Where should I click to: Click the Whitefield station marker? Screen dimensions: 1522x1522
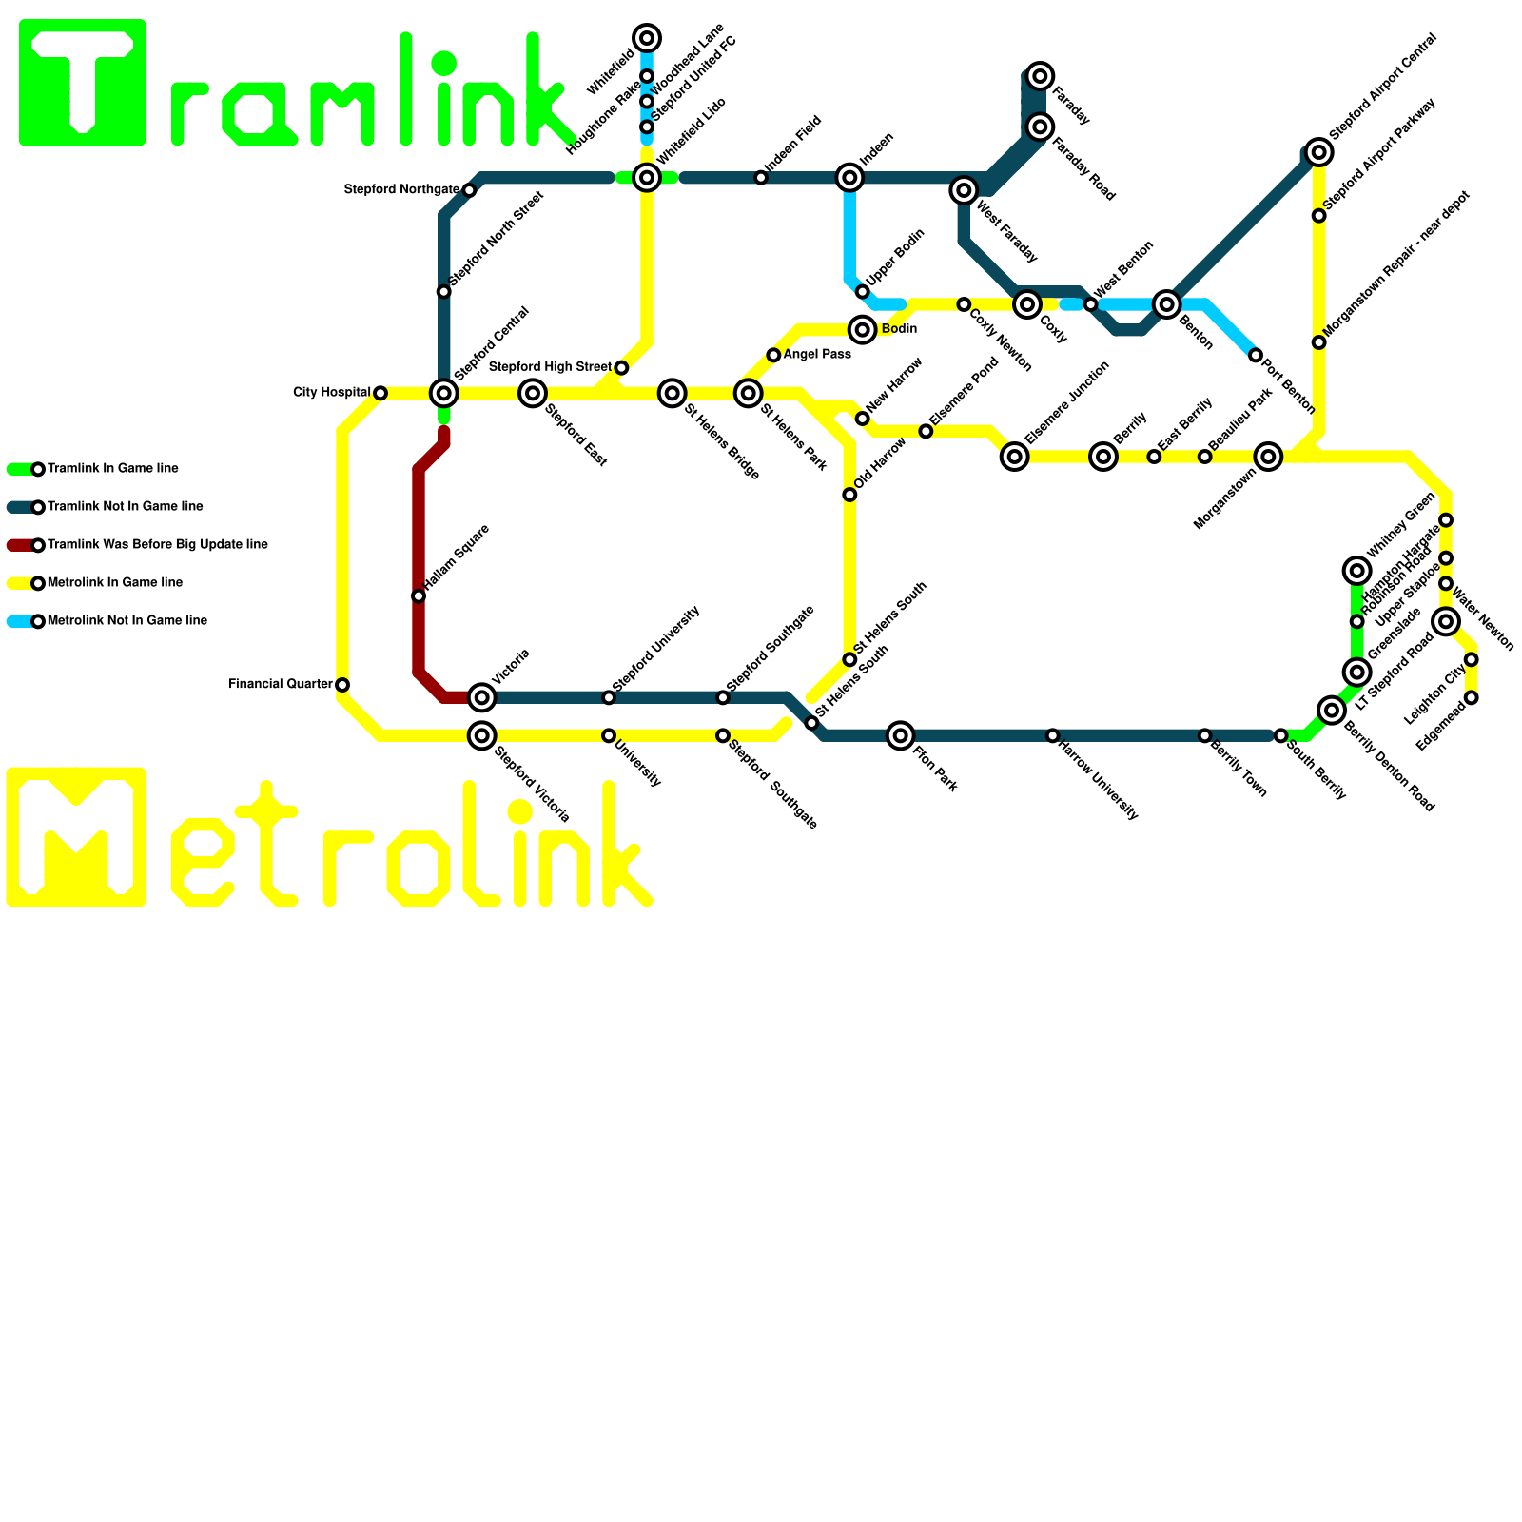tap(647, 38)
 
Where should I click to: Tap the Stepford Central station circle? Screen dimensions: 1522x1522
tap(444, 393)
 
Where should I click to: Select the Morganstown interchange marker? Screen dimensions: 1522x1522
tap(1268, 457)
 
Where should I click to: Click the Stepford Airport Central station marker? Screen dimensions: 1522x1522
tap(1318, 152)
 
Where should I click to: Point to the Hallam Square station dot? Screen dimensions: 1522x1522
tap(419, 596)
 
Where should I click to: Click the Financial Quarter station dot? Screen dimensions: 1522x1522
tap(342, 685)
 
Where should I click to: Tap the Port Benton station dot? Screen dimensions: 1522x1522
tap(1256, 356)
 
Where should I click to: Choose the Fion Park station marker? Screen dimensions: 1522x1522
tap(901, 735)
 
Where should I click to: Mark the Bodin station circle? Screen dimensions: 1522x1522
tap(863, 330)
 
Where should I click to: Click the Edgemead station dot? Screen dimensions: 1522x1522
tap(1472, 698)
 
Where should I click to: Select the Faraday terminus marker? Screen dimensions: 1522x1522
tap(1041, 76)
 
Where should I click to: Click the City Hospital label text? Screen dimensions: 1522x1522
tap(331, 393)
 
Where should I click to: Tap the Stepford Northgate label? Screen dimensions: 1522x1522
tap(401, 190)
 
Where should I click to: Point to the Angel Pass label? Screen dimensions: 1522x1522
tap(817, 355)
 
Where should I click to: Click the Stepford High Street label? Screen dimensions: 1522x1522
tap(550, 367)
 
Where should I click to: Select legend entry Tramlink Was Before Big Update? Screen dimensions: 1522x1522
tap(157, 545)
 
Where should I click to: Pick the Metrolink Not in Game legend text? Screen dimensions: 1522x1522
tap(127, 621)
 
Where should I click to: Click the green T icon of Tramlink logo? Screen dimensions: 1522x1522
tap(83, 83)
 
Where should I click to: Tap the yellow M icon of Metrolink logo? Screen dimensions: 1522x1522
tap(76, 837)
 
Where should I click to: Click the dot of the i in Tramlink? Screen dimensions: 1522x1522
tap(444, 64)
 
